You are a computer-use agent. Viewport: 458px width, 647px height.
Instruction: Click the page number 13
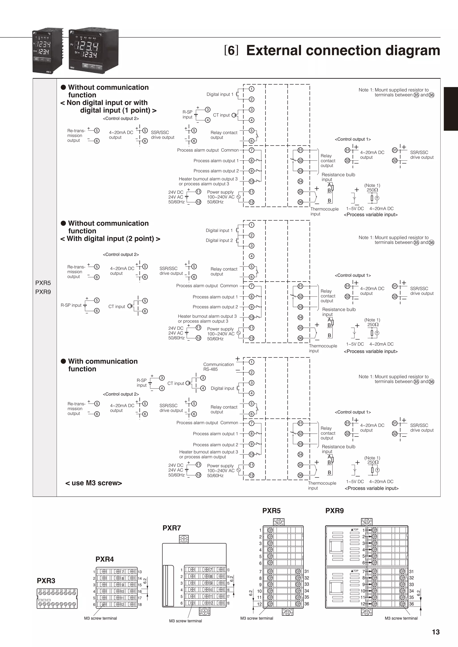tap(435, 632)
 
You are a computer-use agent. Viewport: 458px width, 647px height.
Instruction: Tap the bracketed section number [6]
tap(231, 50)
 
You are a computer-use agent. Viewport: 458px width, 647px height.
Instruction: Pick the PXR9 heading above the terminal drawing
tap(335, 511)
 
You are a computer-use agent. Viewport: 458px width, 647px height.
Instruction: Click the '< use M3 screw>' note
tap(94, 483)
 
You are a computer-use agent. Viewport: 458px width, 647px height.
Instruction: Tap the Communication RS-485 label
tap(218, 367)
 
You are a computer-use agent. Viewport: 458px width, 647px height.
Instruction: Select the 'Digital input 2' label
tap(219, 240)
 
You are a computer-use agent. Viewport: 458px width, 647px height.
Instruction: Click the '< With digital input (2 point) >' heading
tap(110, 239)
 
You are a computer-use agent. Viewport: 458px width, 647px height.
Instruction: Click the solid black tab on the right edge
tap(451, 109)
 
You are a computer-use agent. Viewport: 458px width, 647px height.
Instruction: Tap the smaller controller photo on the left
tap(47, 51)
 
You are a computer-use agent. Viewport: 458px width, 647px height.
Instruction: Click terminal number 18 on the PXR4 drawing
tap(140, 605)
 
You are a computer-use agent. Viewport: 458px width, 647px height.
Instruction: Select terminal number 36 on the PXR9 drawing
tap(411, 604)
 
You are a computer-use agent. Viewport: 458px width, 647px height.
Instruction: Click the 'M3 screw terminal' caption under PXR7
tap(185, 621)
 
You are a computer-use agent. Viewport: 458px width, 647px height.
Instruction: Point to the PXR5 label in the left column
tap(43, 283)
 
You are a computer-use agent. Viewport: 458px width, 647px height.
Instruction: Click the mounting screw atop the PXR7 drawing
tap(184, 539)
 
